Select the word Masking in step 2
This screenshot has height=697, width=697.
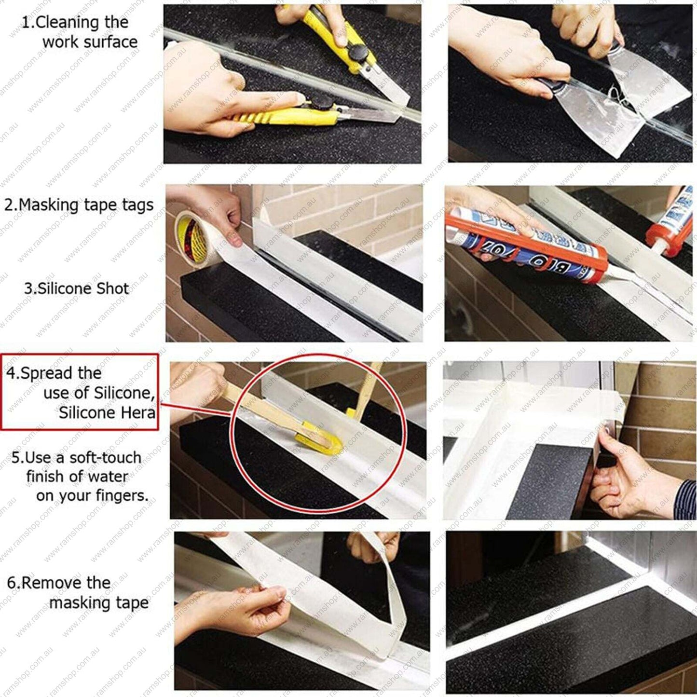tap(50, 205)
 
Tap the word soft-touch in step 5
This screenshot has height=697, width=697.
tap(105, 457)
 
